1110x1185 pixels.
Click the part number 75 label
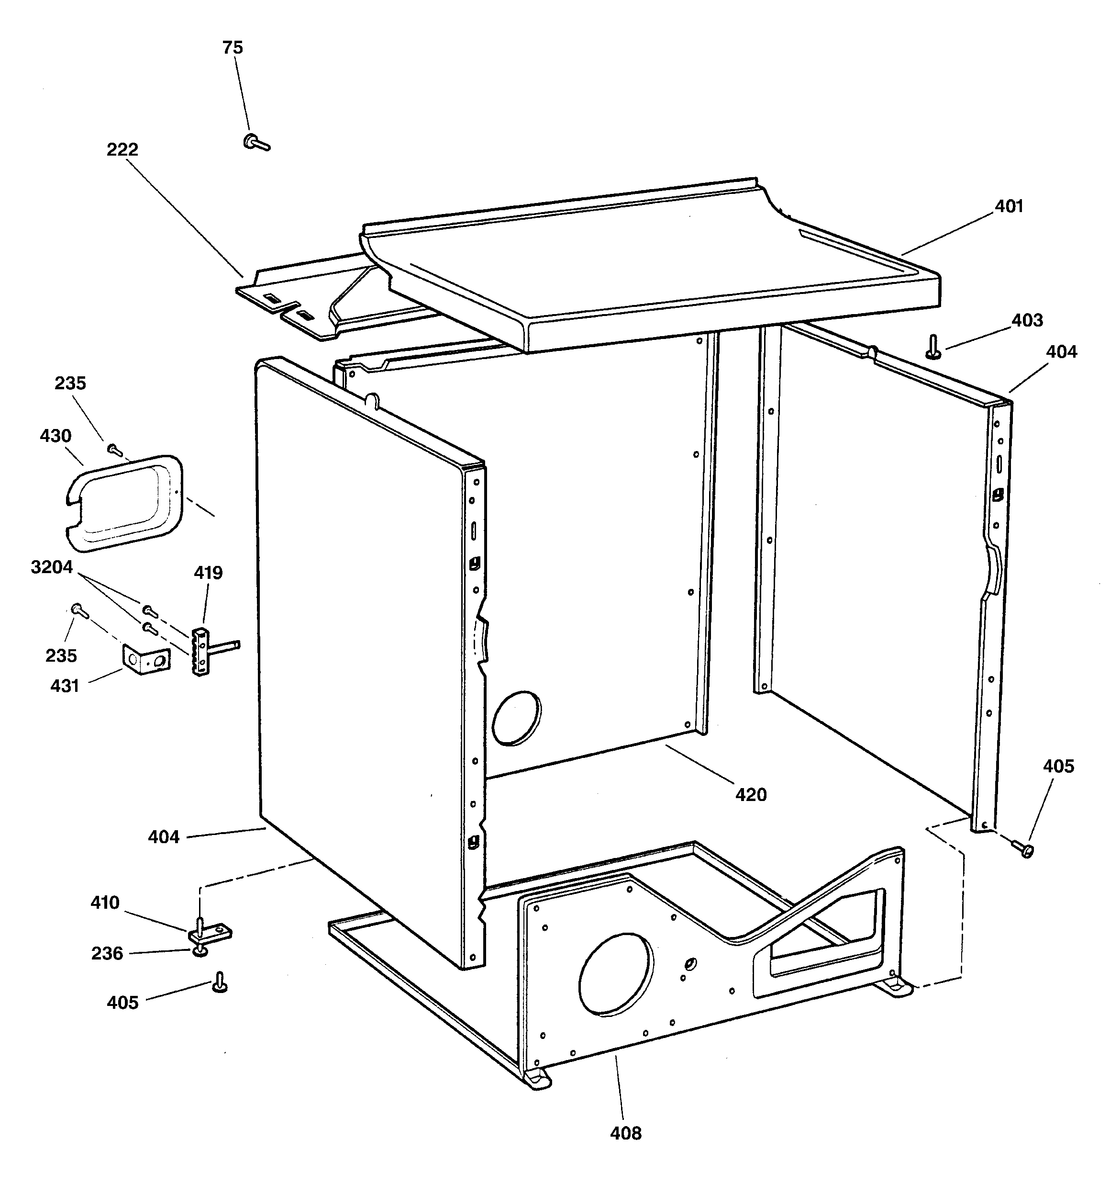pyautogui.click(x=233, y=48)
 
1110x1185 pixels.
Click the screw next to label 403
pyautogui.click(x=932, y=347)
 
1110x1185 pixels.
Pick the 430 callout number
pyautogui.click(x=55, y=436)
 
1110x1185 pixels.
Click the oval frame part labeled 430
pyautogui.click(x=123, y=503)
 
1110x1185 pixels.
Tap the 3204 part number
pyautogui.click(x=52, y=567)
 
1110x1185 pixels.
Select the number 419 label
pyautogui.click(x=208, y=573)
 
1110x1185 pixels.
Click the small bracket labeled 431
pyautogui.click(x=146, y=659)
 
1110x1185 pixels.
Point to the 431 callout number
pyautogui.click(x=64, y=686)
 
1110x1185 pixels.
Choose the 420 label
pyautogui.click(x=751, y=795)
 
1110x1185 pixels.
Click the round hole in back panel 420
pyautogui.click(x=517, y=718)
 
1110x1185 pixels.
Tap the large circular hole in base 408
pyautogui.click(x=615, y=973)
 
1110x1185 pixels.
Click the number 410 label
pyautogui.click(x=105, y=903)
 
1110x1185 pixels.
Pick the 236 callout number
pyautogui.click(x=107, y=954)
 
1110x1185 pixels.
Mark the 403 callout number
pyautogui.click(x=1027, y=321)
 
